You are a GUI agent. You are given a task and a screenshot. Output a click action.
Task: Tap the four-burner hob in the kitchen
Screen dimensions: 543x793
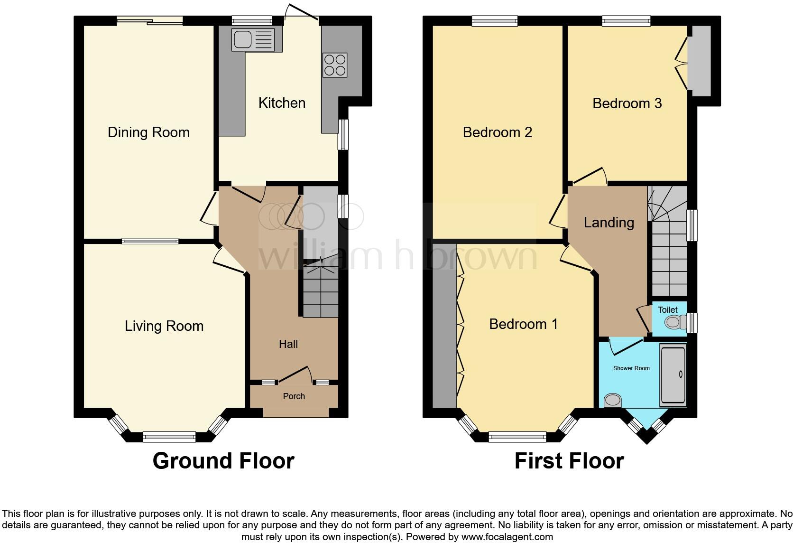point(334,65)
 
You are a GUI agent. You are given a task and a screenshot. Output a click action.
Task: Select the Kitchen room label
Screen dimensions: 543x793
point(282,103)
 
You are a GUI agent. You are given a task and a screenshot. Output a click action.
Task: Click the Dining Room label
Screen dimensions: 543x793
point(148,132)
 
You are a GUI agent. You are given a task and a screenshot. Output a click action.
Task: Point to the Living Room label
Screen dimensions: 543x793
point(164,326)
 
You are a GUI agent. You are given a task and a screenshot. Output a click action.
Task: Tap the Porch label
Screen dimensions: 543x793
point(294,396)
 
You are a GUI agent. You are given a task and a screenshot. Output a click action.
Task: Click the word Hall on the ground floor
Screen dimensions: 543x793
point(288,344)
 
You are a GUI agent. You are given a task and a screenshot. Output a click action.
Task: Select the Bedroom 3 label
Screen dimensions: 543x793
point(627,103)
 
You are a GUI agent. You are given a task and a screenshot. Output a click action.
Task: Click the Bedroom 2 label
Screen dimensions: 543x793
point(497,132)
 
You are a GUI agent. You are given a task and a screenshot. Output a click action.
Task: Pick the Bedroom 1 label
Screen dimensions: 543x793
point(523,324)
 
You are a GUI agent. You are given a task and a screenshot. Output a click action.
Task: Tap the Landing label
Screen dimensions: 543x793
point(609,223)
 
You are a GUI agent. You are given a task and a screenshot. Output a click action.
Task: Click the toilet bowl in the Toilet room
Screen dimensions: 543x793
point(675,323)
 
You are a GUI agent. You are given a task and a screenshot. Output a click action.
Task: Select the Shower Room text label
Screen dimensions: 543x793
point(631,368)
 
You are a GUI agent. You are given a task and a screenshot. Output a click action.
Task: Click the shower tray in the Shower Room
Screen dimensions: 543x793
point(673,375)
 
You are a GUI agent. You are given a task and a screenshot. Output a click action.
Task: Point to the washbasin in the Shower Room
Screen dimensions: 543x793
point(613,401)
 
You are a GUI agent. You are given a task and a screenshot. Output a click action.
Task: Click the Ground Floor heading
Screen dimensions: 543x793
point(223,461)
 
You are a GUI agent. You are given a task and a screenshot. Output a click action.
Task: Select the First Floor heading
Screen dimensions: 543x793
point(569,461)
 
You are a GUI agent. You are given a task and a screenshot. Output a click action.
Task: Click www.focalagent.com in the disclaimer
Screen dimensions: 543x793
point(507,537)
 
